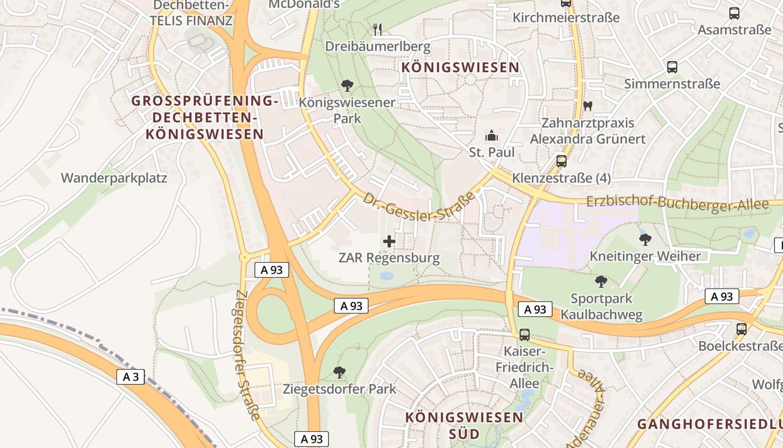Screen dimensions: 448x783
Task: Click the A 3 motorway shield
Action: click(x=130, y=377)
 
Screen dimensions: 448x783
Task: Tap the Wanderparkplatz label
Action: click(x=114, y=178)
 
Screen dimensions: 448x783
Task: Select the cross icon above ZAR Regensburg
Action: click(x=389, y=241)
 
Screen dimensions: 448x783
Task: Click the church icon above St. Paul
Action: click(x=492, y=136)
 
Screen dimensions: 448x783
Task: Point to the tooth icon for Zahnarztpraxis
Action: click(x=587, y=105)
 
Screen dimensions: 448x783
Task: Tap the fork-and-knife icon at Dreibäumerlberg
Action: click(x=378, y=29)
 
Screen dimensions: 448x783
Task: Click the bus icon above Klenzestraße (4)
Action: click(x=562, y=161)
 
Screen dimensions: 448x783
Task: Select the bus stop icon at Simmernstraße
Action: click(x=672, y=67)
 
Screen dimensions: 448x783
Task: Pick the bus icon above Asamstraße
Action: click(x=734, y=13)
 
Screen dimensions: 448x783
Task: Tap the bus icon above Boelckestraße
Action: click(x=742, y=329)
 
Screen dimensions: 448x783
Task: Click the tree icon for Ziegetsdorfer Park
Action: click(x=339, y=372)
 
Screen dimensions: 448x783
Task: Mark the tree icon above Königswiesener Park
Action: click(x=347, y=86)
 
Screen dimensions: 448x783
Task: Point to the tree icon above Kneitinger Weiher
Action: click(x=645, y=240)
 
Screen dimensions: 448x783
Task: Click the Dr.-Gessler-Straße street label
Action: click(x=419, y=206)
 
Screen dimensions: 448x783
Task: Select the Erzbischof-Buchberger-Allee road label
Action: click(x=677, y=203)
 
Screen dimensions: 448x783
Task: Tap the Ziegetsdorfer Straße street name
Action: click(x=247, y=355)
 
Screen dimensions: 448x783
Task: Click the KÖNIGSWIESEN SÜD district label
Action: click(x=464, y=425)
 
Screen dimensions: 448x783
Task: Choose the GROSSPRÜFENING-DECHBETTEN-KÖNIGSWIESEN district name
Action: click(x=204, y=118)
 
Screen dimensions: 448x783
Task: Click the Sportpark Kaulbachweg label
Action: click(x=601, y=307)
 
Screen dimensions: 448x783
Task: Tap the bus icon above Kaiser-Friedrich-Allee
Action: click(x=525, y=335)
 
